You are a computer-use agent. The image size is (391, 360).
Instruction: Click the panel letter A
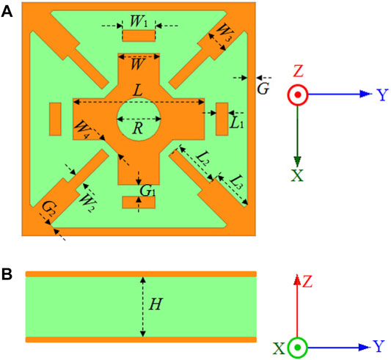(7, 12)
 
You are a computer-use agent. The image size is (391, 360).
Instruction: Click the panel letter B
(7, 274)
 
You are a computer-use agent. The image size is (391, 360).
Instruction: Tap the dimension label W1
(139, 21)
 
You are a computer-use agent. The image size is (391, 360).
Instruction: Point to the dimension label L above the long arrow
(138, 90)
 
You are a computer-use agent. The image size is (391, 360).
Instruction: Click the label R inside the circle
(138, 128)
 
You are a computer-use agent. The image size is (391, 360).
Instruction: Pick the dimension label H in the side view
(156, 304)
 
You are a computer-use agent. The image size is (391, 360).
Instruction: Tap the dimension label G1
(147, 191)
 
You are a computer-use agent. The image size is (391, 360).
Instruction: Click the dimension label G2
(50, 207)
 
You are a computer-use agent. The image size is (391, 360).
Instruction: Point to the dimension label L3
(235, 182)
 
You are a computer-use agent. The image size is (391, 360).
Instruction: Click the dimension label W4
(83, 129)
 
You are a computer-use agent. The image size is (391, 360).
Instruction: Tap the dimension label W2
(87, 202)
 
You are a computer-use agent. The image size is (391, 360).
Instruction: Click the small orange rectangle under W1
(139, 36)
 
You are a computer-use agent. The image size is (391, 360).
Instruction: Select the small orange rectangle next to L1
(222, 119)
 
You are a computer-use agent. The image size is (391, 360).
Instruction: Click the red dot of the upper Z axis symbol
(298, 95)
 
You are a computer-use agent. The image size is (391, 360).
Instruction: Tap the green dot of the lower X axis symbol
(297, 348)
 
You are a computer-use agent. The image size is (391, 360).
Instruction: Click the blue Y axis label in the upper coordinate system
(383, 95)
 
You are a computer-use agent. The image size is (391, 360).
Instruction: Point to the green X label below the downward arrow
(297, 175)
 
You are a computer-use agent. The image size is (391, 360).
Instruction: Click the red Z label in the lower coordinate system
(307, 282)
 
